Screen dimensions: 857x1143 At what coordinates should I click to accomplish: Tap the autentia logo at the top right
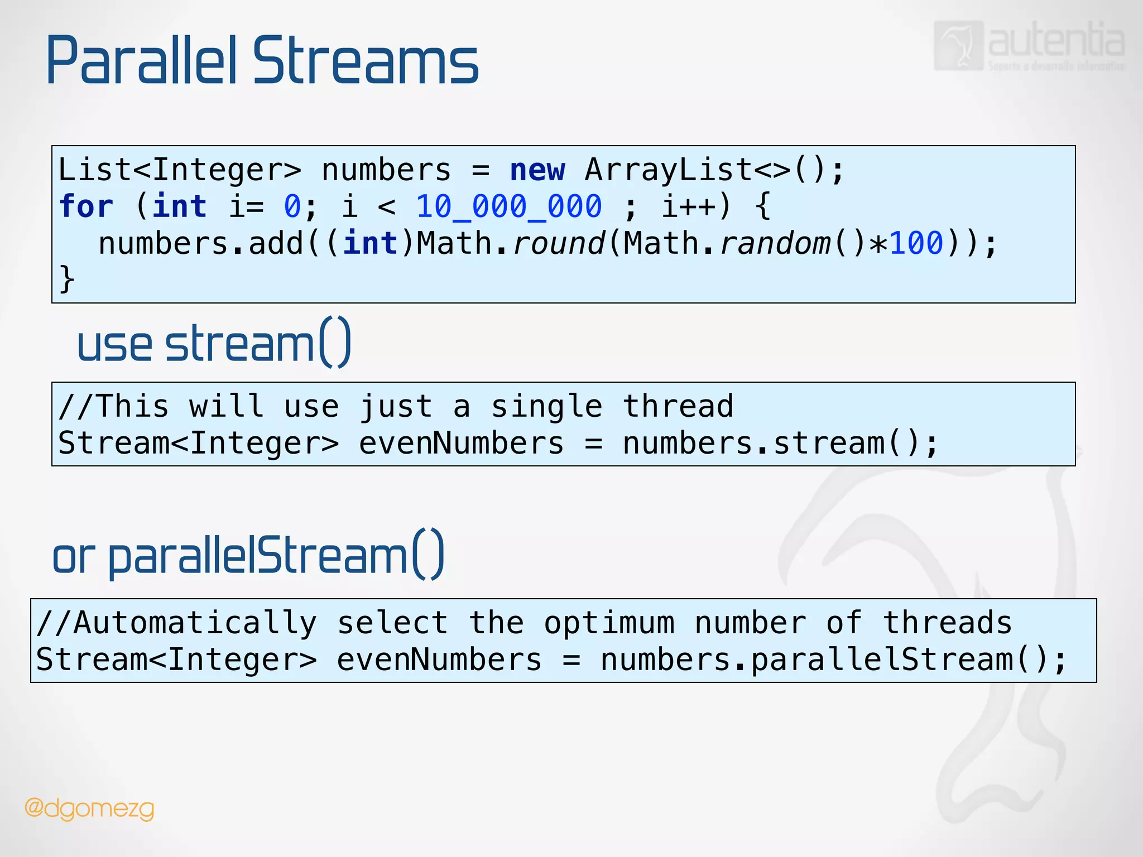1030,46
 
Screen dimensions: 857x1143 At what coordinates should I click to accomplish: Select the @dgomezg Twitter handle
89,808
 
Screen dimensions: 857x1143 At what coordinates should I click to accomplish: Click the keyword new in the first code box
537,170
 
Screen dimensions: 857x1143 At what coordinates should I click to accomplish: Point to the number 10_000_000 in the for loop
508,206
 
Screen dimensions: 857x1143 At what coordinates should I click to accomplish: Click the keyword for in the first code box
86,206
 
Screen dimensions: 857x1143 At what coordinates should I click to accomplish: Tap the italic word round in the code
558,243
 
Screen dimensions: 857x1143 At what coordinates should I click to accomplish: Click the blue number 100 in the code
916,243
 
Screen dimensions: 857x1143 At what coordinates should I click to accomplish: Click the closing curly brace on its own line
66,278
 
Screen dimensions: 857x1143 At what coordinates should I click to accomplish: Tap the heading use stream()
214,343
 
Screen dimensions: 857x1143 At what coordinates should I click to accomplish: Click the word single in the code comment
546,406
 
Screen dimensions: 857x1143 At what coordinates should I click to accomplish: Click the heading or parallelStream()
248,556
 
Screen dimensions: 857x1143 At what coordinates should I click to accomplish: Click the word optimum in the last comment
609,623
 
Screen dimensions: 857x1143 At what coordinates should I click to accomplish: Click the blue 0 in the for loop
292,206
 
